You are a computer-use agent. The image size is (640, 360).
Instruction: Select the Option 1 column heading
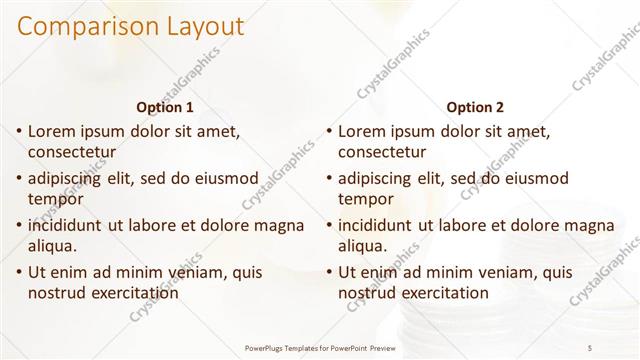164,106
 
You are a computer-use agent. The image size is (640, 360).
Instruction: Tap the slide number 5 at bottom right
590,347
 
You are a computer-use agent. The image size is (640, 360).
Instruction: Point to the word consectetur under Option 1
72,153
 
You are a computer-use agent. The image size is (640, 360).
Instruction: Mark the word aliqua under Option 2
361,246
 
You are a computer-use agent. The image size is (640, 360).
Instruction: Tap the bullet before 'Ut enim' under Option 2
329,272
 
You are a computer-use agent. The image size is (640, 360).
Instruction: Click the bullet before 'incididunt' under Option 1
19,226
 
